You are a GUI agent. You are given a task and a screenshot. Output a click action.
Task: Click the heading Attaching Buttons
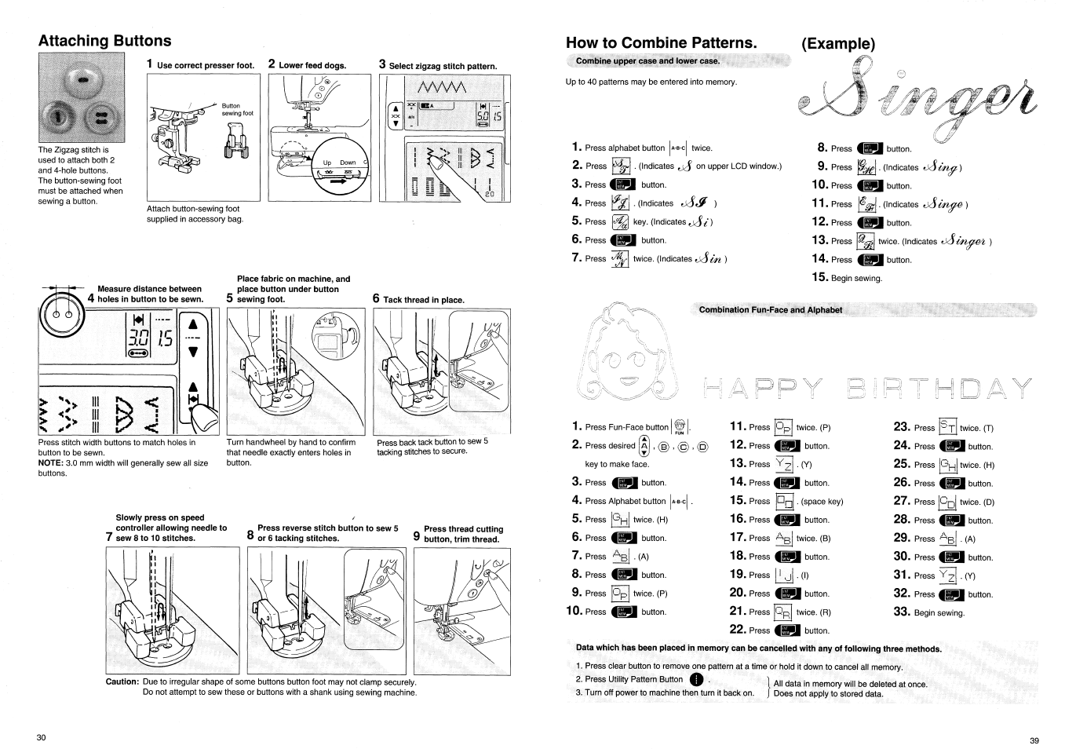click(x=104, y=41)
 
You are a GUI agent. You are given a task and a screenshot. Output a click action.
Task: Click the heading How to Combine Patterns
click(x=661, y=42)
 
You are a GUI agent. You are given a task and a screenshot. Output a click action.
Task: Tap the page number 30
click(x=42, y=737)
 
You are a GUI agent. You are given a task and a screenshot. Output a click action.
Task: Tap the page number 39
click(x=1034, y=740)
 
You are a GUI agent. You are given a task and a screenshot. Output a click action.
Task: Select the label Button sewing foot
click(x=237, y=109)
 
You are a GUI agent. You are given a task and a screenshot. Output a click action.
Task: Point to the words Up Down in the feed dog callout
click(x=339, y=163)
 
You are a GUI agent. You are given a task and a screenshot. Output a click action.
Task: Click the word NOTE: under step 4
click(x=52, y=463)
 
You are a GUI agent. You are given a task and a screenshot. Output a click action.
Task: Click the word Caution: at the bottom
click(x=122, y=681)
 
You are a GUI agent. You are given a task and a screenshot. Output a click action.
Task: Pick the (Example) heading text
click(x=837, y=43)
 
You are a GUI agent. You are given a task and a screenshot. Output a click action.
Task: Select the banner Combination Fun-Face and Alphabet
click(x=770, y=309)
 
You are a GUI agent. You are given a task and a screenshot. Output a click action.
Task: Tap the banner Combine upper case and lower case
click(x=647, y=61)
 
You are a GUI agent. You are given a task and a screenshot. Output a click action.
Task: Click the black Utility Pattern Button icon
click(x=695, y=680)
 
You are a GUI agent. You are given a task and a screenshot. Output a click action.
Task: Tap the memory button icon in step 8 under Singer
click(x=870, y=148)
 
